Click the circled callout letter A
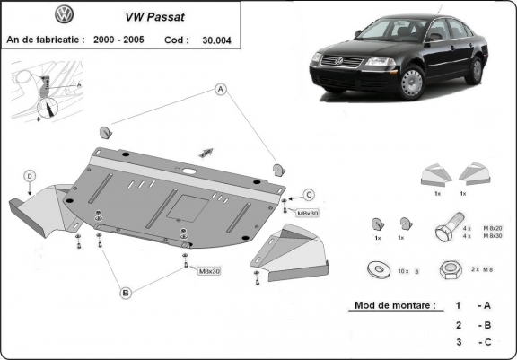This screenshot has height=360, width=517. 218,89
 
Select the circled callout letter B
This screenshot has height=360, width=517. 127,293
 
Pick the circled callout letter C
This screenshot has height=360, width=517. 308,195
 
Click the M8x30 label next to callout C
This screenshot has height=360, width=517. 308,213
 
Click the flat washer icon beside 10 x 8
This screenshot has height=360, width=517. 374,268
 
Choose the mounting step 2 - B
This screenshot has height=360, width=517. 472,325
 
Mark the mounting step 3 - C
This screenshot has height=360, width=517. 472,343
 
